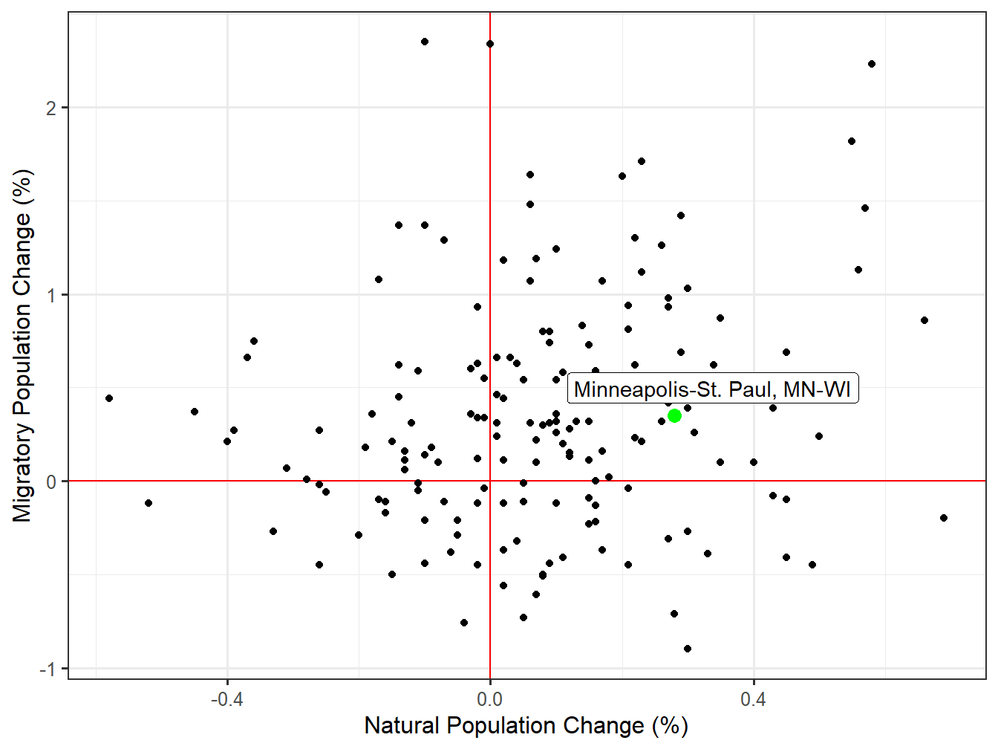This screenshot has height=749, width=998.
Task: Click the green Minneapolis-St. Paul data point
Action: [x=674, y=416]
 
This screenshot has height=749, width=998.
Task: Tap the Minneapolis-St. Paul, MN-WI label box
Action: [x=712, y=389]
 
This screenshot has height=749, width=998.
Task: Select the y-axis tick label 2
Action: [x=50, y=108]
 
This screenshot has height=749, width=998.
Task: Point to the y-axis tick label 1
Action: [x=50, y=295]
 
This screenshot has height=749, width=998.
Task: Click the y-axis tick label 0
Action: [x=50, y=482]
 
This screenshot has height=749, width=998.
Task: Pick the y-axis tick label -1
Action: [x=47, y=669]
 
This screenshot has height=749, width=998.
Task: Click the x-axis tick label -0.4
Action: [x=226, y=700]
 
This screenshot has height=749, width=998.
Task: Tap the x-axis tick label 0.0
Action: [x=490, y=700]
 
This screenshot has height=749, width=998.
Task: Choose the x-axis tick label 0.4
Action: [x=753, y=700]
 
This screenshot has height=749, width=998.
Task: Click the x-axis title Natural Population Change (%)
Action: [x=526, y=726]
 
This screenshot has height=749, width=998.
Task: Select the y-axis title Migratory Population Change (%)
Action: [x=22, y=346]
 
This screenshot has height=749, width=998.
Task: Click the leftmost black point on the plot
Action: [x=109, y=398]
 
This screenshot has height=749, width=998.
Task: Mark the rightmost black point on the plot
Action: [x=944, y=518]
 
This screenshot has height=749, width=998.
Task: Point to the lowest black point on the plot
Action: [x=688, y=649]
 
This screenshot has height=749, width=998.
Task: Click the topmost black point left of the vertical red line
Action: [x=425, y=42]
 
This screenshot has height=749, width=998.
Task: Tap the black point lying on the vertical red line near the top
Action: [x=490, y=44]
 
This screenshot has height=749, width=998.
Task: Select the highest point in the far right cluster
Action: [x=872, y=64]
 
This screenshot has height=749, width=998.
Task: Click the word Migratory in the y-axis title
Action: [x=22, y=473]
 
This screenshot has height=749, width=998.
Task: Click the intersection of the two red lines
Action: [x=490, y=481]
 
